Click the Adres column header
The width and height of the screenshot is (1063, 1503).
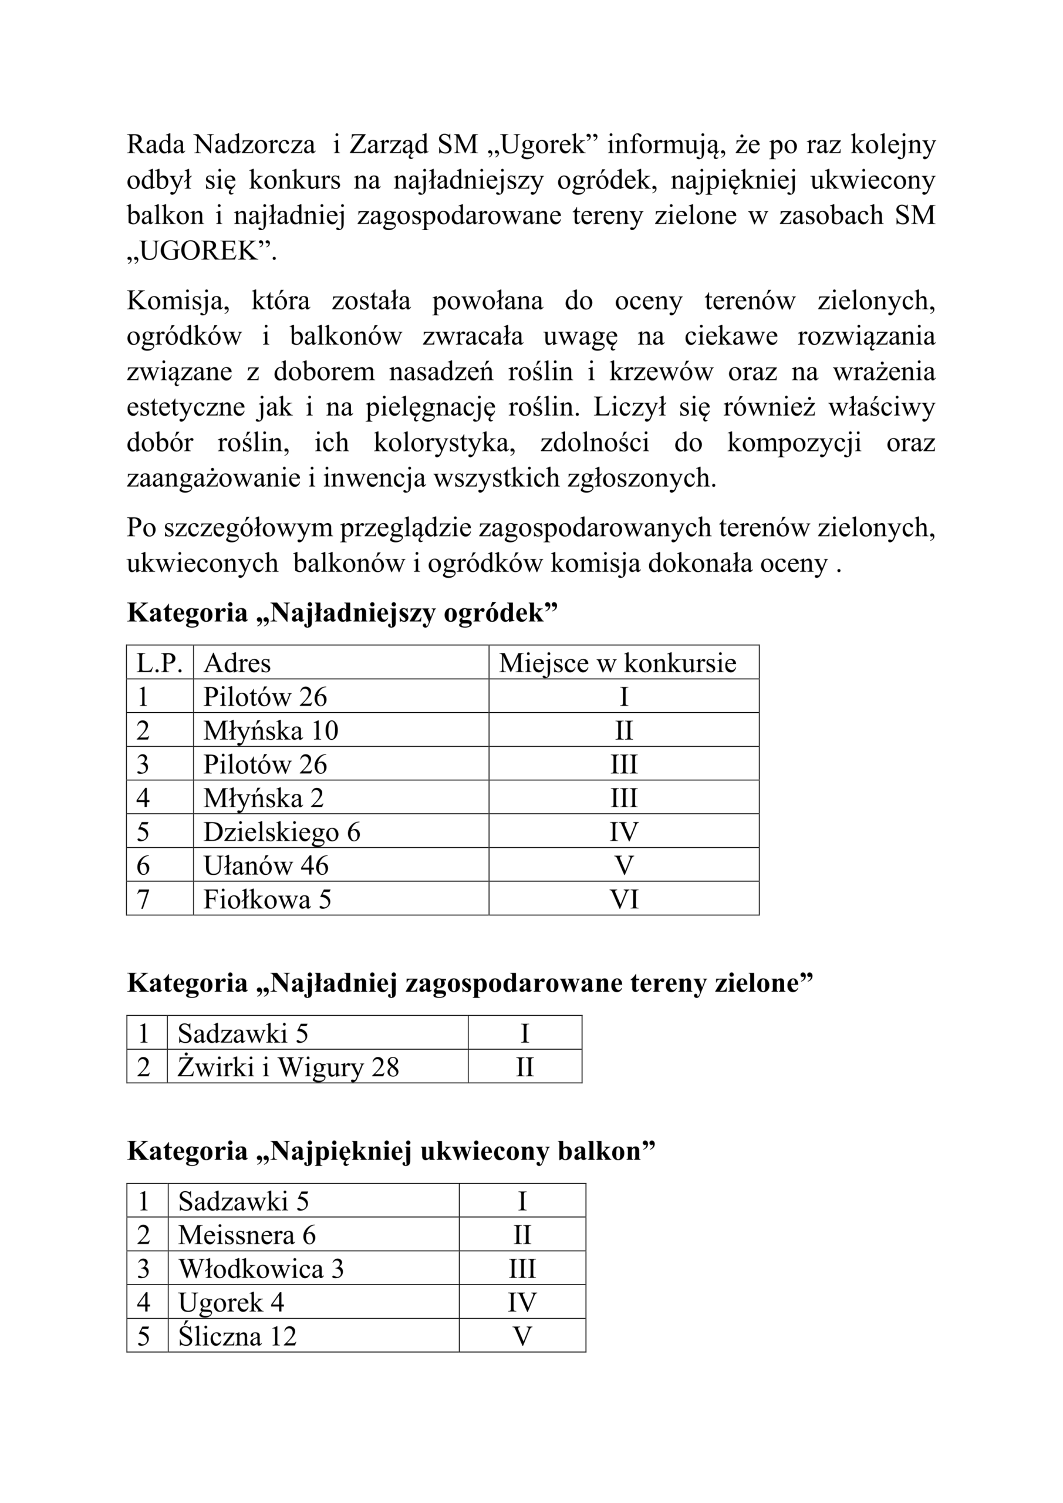point(237,663)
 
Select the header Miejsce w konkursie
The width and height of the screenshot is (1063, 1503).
point(617,663)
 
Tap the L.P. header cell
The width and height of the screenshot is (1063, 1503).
point(159,663)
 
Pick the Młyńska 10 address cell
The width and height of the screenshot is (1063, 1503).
point(271,730)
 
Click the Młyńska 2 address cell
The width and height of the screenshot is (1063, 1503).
point(263,798)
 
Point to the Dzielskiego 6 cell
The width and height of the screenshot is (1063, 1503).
point(282,832)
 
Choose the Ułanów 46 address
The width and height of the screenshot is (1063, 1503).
point(266,865)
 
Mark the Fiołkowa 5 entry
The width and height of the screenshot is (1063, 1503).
point(267,899)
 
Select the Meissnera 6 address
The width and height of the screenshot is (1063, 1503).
point(247,1235)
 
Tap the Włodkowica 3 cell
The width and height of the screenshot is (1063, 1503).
point(261,1269)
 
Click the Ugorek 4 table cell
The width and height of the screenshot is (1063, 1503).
point(231,1303)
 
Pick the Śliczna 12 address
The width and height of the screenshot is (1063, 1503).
point(237,1336)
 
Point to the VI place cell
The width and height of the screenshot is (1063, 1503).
point(624,899)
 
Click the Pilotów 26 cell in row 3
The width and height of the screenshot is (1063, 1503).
point(265,764)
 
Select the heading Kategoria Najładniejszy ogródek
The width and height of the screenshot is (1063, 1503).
point(342,613)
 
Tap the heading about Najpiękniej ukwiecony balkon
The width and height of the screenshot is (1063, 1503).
point(391,1151)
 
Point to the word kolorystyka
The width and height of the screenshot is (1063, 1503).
point(444,443)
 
